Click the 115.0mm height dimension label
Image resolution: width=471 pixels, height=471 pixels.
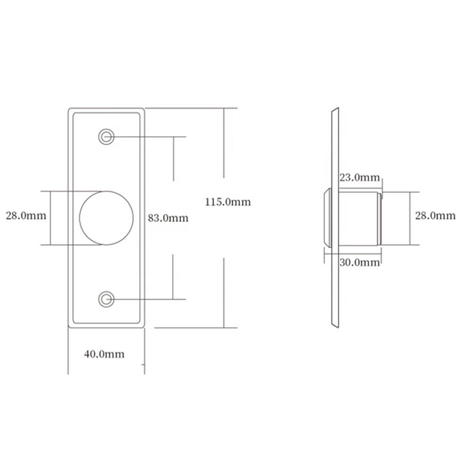pyautogui.click(x=227, y=202)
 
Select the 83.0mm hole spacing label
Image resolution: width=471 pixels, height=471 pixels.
pyautogui.click(x=168, y=218)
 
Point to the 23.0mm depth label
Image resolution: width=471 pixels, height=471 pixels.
pyautogui.click(x=359, y=178)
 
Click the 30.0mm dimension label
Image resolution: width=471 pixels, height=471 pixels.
pyautogui.click(x=359, y=262)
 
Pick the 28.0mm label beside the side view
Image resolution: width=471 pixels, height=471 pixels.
pyautogui.click(x=435, y=215)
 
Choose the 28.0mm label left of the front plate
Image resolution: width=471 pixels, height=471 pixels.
pyautogui.click(x=26, y=215)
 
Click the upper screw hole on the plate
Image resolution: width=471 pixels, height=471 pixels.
pyautogui.click(x=106, y=137)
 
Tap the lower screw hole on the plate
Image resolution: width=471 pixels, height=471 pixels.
pyautogui.click(x=106, y=299)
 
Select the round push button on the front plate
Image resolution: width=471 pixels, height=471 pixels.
pyautogui.click(x=106, y=218)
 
